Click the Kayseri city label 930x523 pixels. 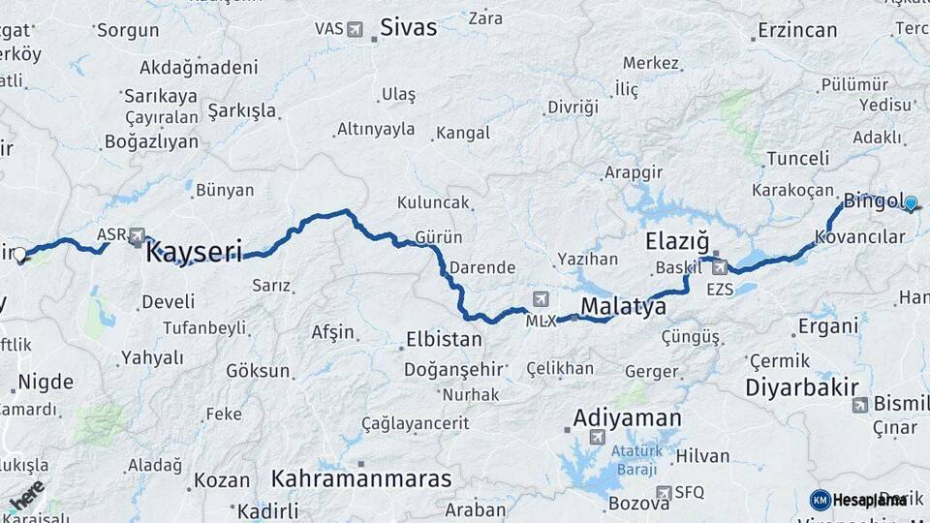tap(193, 253)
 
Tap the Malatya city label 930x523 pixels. tap(623, 307)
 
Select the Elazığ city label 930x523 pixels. tap(677, 240)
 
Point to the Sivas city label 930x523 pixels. tap(408, 27)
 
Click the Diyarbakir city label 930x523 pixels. tap(802, 387)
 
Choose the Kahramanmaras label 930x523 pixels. tap(361, 478)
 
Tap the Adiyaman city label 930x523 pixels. tap(627, 418)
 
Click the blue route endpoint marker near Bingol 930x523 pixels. tap(911, 203)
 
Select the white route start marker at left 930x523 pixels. tap(19, 255)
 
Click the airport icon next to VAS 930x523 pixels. tap(354, 29)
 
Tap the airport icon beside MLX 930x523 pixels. tap(540, 298)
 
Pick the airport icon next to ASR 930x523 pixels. tap(137, 235)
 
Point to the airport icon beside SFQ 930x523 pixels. tap(664, 493)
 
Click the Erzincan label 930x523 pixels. tap(797, 30)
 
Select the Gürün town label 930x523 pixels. tap(438, 237)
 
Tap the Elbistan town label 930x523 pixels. tap(443, 340)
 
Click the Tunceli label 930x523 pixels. tap(797, 158)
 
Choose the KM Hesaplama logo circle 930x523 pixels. tap(821, 500)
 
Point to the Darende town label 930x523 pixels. tap(481, 266)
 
